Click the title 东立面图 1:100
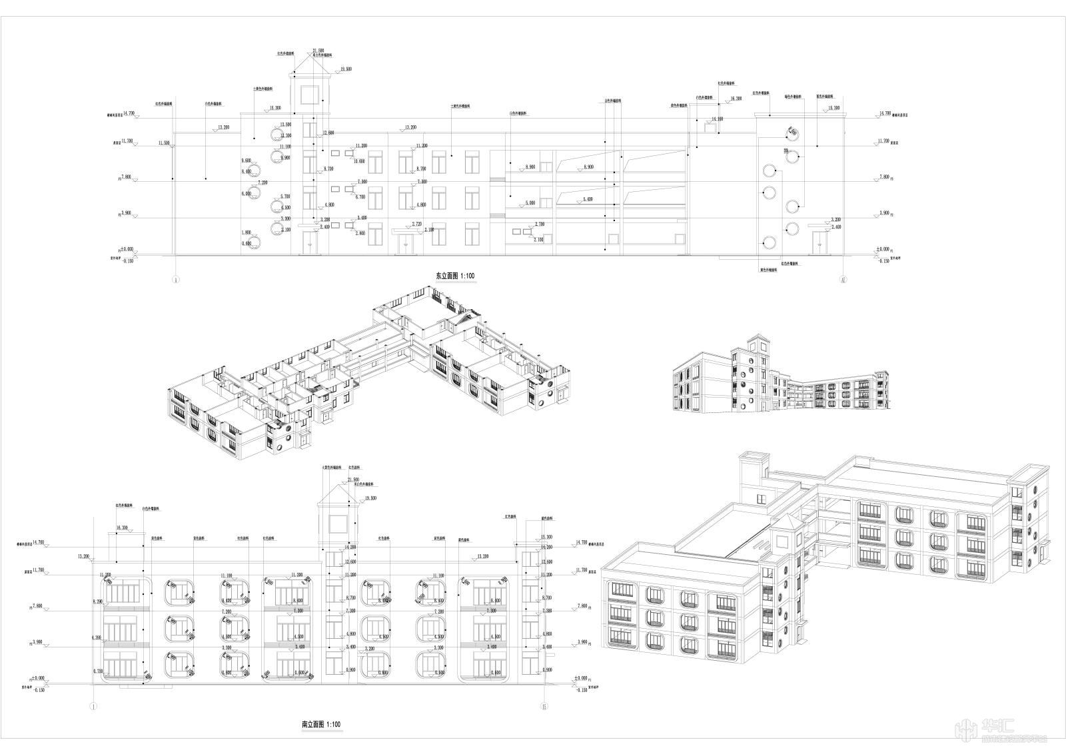pos(456,274)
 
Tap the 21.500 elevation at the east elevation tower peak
pos(318,51)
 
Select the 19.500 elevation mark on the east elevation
pos(346,69)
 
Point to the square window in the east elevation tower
pos(310,94)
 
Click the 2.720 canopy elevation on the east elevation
pos(418,224)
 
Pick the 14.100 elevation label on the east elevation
pos(717,119)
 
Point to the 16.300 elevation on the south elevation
pos(122,528)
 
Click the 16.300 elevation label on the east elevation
pos(736,98)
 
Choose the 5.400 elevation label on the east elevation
pos(588,199)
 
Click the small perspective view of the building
pos(780,377)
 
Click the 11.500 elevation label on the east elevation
pos(164,143)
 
